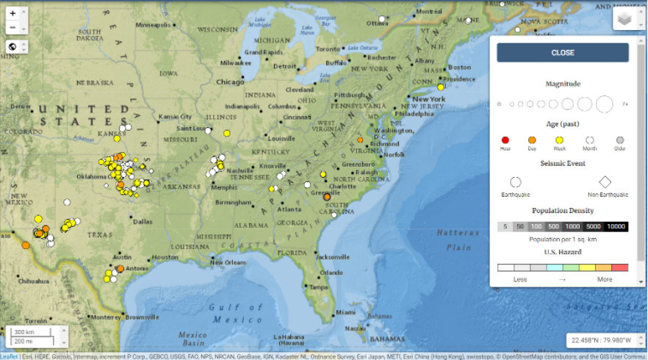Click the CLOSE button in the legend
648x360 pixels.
[x=563, y=53]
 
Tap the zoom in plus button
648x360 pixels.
[x=12, y=14]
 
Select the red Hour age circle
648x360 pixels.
[x=505, y=140]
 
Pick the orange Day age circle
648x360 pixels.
[x=532, y=140]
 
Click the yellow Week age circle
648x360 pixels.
[x=559, y=140]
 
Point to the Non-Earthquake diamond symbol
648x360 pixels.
[x=605, y=181]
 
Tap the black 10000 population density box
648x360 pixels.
[x=616, y=227]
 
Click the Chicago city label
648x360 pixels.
[x=230, y=82]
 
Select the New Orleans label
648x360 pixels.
[x=227, y=262]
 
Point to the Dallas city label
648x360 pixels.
[x=143, y=221]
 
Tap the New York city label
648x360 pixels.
[x=429, y=99]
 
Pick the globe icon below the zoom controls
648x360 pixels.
[x=12, y=46]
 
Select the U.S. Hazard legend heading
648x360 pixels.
[x=563, y=252]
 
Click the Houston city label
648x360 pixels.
[x=165, y=258]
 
